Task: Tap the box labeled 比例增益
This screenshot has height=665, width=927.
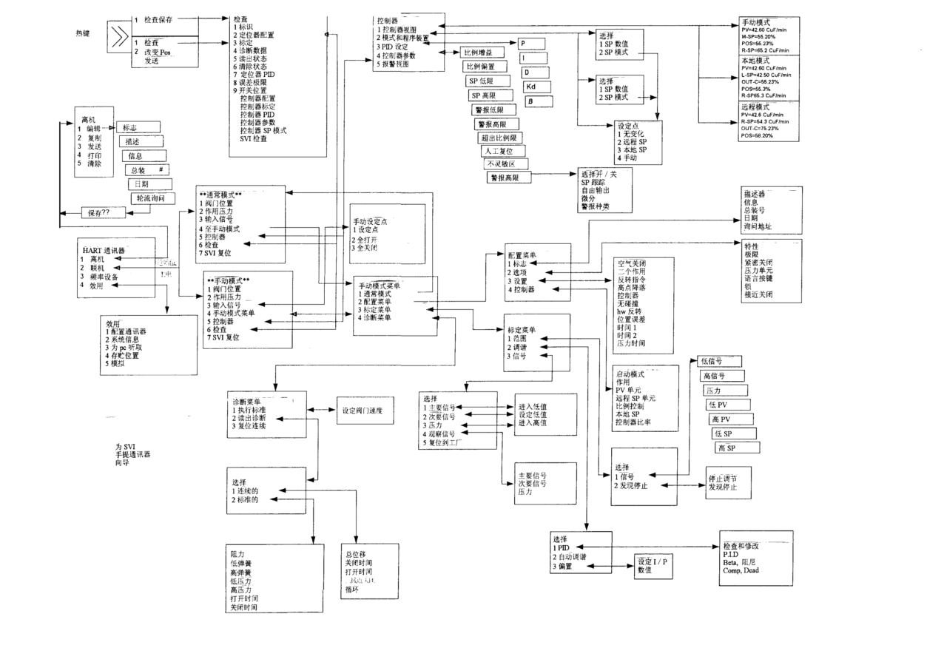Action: [x=478, y=53]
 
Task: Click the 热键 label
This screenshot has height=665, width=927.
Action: [x=84, y=33]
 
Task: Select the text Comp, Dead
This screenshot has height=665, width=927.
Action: [x=741, y=570]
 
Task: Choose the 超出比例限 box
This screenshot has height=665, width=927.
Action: [x=501, y=137]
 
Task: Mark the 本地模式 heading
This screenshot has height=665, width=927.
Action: [x=755, y=60]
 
